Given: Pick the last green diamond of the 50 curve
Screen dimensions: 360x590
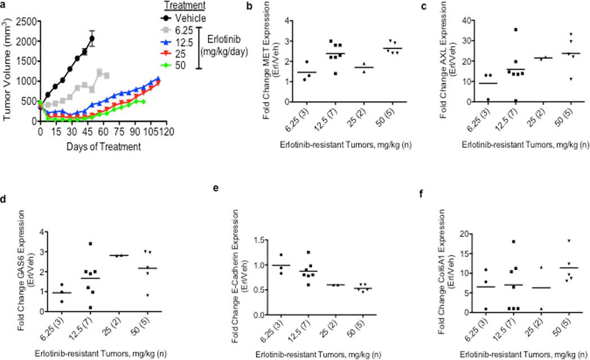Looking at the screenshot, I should tap(144, 102).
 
